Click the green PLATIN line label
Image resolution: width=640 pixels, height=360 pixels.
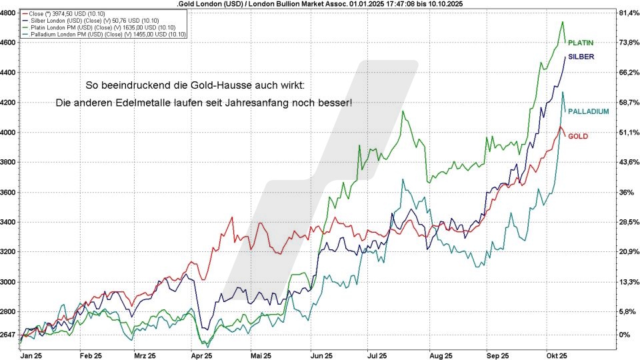tap(581, 43)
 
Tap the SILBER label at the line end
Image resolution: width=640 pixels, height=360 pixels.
tap(581, 57)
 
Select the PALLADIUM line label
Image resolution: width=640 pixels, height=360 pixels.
tap(588, 111)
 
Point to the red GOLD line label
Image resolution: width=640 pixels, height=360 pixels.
tap(577, 136)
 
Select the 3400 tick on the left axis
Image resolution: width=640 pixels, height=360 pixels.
tap(9, 222)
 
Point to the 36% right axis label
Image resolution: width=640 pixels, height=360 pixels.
tap(625, 192)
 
